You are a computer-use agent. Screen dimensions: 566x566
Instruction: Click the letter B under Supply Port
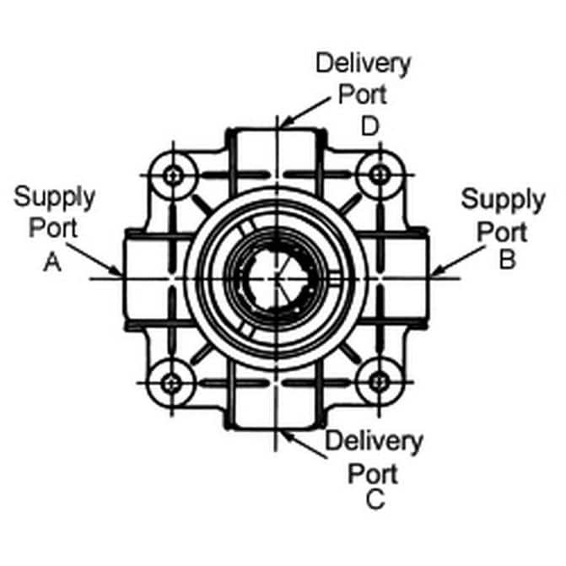click(507, 261)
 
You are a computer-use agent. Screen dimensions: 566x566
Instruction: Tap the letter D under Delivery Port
click(369, 127)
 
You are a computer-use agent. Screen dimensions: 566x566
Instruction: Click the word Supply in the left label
click(55, 200)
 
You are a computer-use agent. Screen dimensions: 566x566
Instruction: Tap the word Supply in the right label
click(504, 202)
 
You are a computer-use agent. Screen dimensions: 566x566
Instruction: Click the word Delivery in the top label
click(363, 63)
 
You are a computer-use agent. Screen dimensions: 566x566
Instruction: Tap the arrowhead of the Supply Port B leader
click(432, 272)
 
